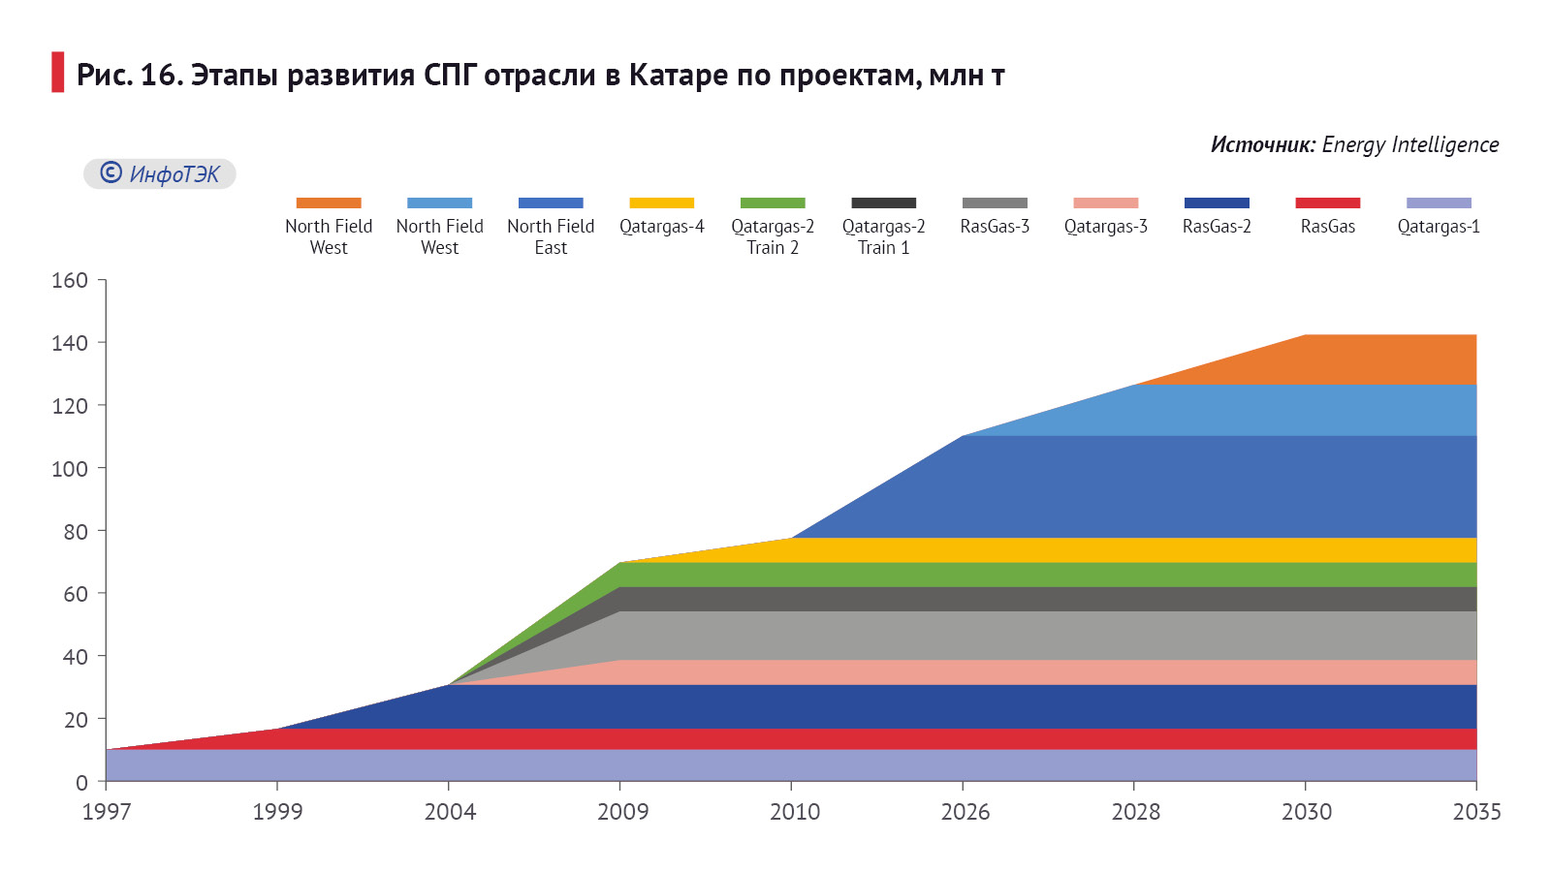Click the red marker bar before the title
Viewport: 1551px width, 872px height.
(58, 73)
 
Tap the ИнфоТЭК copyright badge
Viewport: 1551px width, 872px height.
(160, 173)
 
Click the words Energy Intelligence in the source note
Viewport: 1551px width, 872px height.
(1409, 144)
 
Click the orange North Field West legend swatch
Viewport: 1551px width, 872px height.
(329, 202)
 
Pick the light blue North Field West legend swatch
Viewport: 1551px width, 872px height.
(439, 202)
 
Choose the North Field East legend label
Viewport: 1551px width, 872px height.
(551, 236)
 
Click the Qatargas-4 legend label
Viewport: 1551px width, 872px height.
(662, 226)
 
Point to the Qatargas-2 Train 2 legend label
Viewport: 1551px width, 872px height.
(773, 236)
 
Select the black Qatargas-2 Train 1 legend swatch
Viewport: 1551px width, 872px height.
(883, 202)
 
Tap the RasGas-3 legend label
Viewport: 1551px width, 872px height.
(995, 226)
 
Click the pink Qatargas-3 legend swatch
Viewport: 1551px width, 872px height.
(1105, 202)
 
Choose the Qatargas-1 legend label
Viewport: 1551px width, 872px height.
(1439, 226)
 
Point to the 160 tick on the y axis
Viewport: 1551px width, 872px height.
(70, 280)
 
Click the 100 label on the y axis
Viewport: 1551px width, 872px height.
(70, 468)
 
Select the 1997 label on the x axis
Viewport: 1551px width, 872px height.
(107, 811)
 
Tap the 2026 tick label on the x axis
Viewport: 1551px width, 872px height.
(965, 811)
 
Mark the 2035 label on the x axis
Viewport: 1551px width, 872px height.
(1476, 811)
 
